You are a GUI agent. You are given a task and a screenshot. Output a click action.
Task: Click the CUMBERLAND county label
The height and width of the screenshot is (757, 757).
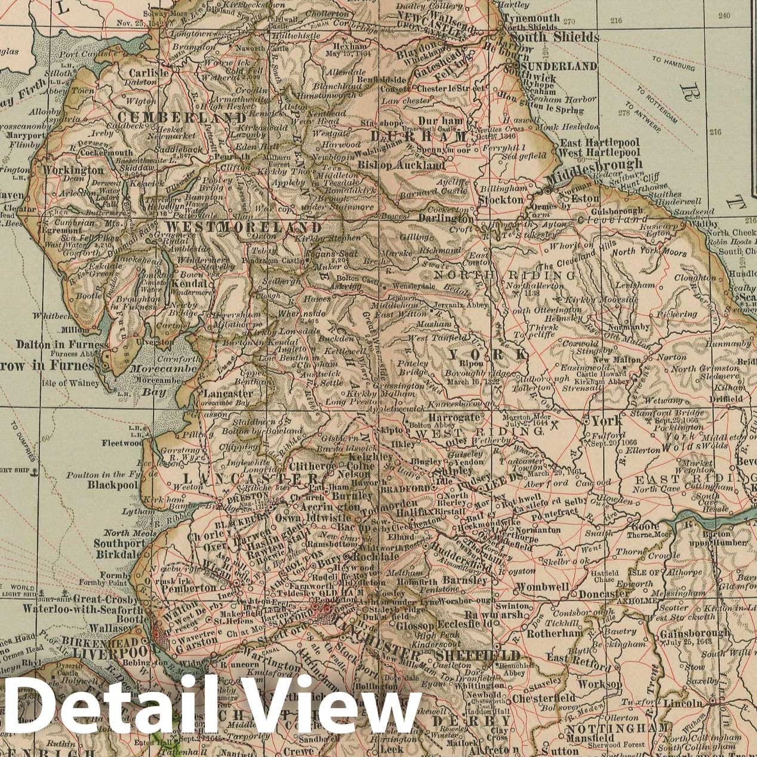[174, 117]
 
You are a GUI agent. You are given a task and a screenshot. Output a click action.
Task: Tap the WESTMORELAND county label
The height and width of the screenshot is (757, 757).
[244, 227]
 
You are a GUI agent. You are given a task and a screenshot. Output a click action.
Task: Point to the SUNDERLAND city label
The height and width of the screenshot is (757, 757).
[559, 66]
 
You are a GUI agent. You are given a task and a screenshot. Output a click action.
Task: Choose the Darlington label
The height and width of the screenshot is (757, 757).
[444, 219]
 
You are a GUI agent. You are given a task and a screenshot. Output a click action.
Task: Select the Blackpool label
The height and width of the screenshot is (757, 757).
[113, 485]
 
